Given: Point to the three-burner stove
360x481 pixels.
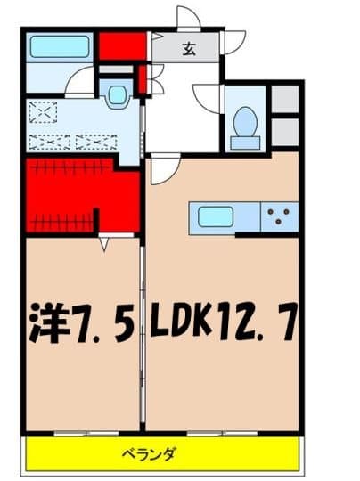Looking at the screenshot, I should [x=278, y=216].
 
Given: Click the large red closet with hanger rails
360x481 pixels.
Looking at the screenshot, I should [x=80, y=196].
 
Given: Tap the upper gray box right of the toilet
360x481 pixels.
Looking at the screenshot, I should [x=284, y=98].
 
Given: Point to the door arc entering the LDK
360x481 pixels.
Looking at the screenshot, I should [x=163, y=170].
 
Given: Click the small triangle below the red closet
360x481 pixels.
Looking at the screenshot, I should [x=105, y=241].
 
